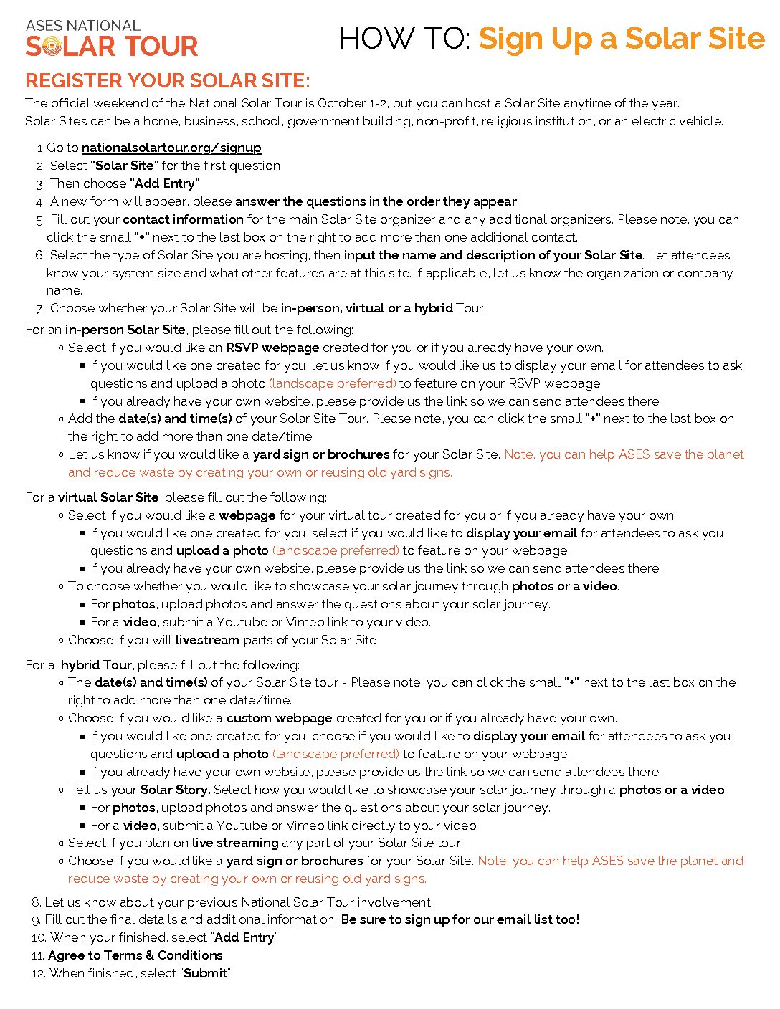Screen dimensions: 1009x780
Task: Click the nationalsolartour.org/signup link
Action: pyautogui.click(x=171, y=148)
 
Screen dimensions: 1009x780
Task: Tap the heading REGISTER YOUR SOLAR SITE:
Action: pyautogui.click(x=168, y=80)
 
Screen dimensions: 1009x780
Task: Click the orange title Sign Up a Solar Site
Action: pyautogui.click(x=622, y=39)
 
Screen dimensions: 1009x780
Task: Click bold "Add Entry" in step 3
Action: pyautogui.click(x=165, y=183)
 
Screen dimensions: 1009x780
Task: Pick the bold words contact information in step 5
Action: pyautogui.click(x=183, y=219)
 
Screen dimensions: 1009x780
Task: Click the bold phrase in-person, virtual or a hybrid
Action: pyautogui.click(x=366, y=308)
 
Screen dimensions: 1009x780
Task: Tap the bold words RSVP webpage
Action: pyautogui.click(x=272, y=348)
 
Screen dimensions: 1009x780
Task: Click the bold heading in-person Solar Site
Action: pyautogui.click(x=125, y=330)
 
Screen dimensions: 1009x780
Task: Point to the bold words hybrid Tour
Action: pyautogui.click(x=96, y=665)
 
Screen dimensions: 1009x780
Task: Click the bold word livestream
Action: pyautogui.click(x=207, y=640)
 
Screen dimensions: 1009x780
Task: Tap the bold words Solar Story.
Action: pyautogui.click(x=175, y=790)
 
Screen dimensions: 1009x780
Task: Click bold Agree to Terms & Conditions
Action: pyautogui.click(x=135, y=955)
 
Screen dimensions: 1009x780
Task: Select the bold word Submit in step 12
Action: pyautogui.click(x=206, y=973)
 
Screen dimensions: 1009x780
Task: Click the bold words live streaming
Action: pyautogui.click(x=235, y=843)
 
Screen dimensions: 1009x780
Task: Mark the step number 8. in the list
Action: pyautogui.click(x=36, y=902)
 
